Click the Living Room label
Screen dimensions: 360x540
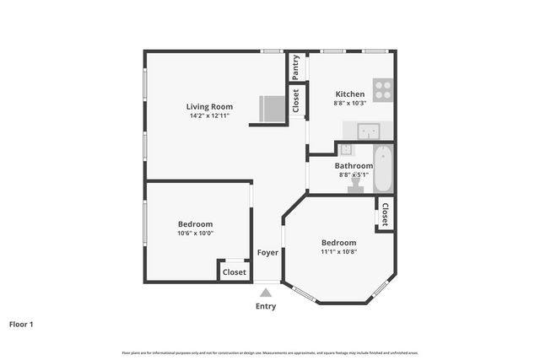pyautogui.click(x=209, y=106)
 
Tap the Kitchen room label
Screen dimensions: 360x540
pyautogui.click(x=350, y=94)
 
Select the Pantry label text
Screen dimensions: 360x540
pyautogui.click(x=295, y=67)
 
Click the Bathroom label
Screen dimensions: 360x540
pyautogui.click(x=354, y=166)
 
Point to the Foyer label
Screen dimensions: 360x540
pyautogui.click(x=267, y=252)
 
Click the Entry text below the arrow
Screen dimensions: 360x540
pyautogui.click(x=266, y=306)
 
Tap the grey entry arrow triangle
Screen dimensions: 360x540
pyautogui.click(x=266, y=291)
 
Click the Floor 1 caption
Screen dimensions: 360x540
pyautogui.click(x=21, y=324)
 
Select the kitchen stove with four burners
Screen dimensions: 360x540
pyautogui.click(x=383, y=89)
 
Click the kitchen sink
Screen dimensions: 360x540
pyautogui.click(x=369, y=131)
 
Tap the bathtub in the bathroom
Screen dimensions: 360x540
pyautogui.click(x=383, y=169)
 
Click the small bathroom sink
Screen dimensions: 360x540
pyautogui.click(x=346, y=149)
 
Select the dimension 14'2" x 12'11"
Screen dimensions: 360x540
pyautogui.click(x=210, y=116)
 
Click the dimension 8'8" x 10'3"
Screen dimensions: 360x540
pyautogui.click(x=350, y=104)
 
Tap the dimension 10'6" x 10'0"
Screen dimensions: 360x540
pyautogui.click(x=195, y=234)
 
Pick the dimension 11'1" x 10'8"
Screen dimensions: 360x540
pyautogui.click(x=338, y=251)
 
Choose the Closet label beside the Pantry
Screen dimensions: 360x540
pyautogui.click(x=295, y=100)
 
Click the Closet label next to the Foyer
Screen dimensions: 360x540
pyautogui.click(x=235, y=272)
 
